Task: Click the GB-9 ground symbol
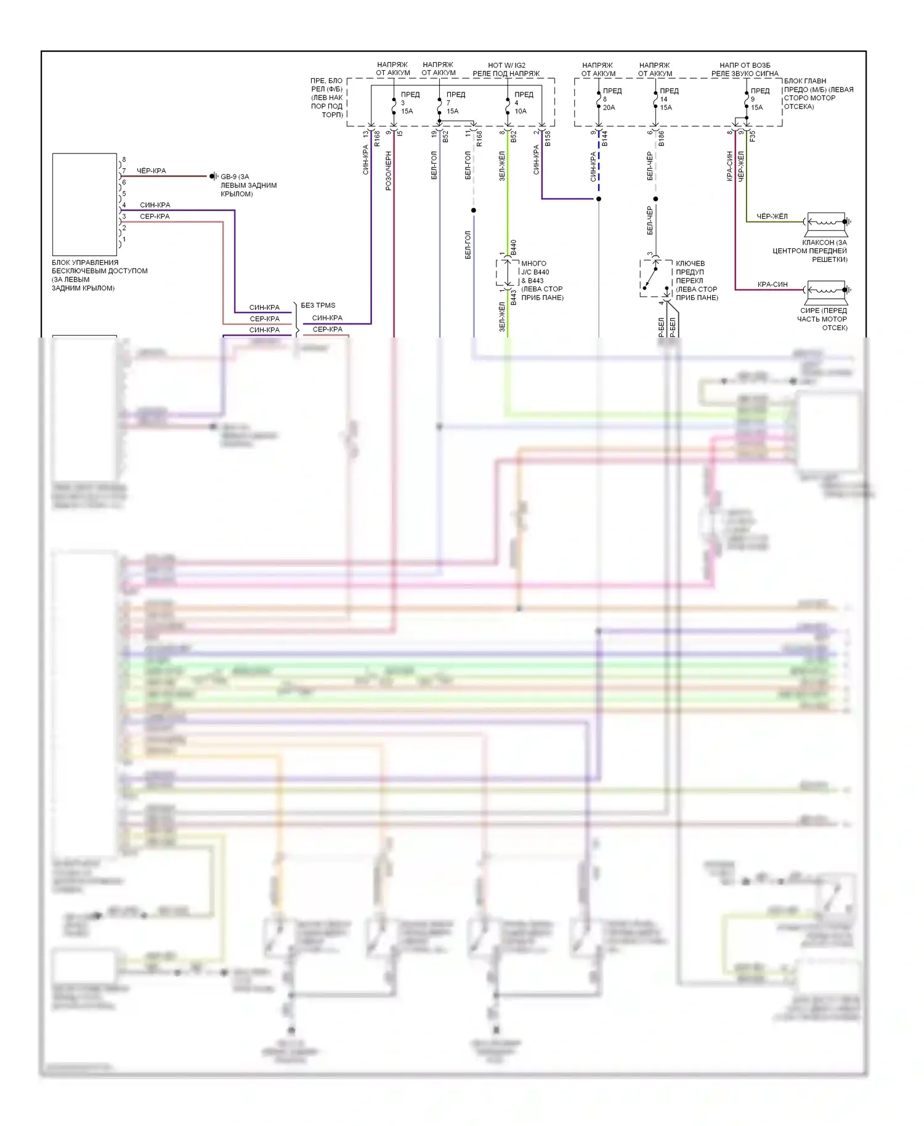(213, 176)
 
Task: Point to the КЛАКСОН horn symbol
(827, 222)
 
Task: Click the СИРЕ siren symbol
(827, 290)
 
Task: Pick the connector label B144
(605, 139)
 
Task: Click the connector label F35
(753, 136)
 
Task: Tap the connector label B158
(548, 138)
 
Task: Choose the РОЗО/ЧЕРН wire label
(389, 171)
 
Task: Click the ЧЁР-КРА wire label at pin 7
(151, 171)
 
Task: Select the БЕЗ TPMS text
(318, 305)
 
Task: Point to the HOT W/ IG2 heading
(506, 65)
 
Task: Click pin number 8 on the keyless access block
(124, 160)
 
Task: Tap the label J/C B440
(535, 272)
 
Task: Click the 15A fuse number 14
(655, 99)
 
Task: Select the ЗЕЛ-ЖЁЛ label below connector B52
(502, 166)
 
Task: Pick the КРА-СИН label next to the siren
(772, 284)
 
